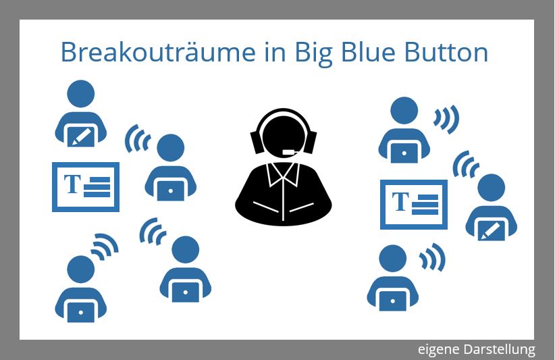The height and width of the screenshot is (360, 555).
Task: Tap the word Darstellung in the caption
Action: point(500,349)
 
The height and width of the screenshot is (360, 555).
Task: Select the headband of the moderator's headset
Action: point(284,114)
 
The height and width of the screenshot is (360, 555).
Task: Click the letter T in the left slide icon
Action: point(72,184)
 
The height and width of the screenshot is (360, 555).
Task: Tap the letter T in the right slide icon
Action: point(401,201)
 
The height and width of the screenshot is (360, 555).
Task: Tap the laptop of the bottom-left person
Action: point(81,313)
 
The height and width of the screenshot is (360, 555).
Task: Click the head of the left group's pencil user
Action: point(81,96)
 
